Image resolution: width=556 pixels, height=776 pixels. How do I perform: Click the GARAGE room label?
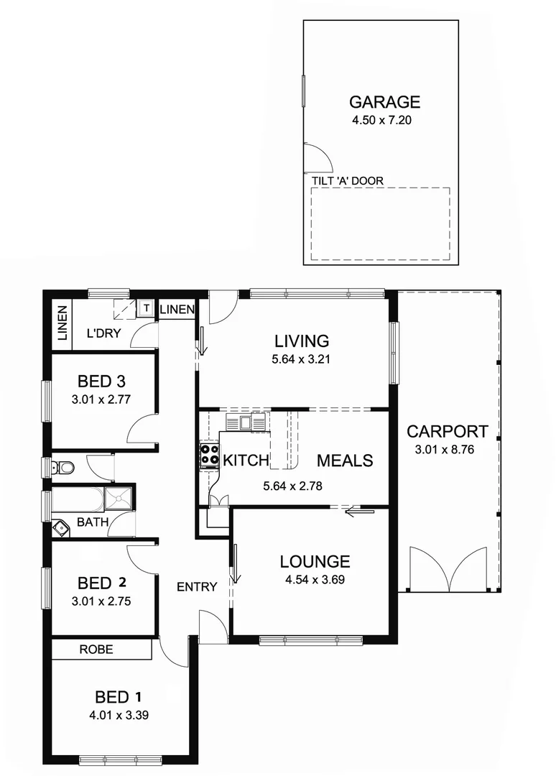tap(384, 102)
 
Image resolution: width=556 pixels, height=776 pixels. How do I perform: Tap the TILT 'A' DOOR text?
tap(348, 181)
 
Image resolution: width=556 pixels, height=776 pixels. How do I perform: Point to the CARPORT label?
tap(447, 432)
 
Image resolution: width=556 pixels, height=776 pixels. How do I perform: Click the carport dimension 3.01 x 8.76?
tap(447, 451)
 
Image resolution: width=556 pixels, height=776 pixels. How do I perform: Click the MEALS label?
tap(345, 461)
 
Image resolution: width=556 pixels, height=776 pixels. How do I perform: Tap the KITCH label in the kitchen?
tap(246, 461)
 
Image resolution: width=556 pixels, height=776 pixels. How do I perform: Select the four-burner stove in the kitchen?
tap(209, 455)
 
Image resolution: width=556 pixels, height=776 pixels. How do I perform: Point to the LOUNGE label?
tap(315, 562)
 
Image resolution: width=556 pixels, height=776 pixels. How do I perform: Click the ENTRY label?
tap(197, 587)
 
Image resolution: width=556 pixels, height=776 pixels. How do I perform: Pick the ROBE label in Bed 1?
tap(96, 650)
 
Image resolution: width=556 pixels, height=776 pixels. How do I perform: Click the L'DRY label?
tap(103, 333)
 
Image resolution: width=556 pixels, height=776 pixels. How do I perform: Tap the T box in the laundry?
tap(146, 308)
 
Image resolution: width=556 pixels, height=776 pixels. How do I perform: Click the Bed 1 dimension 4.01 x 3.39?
tap(119, 715)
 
